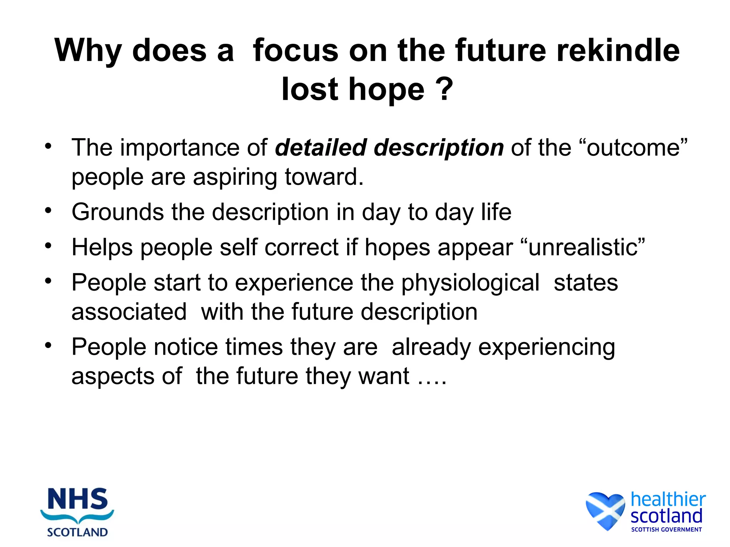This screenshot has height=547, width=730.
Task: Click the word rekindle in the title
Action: (618, 51)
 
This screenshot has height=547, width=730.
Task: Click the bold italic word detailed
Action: (321, 147)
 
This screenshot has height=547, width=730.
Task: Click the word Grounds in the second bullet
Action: (118, 212)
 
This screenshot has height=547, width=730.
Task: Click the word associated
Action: (129, 312)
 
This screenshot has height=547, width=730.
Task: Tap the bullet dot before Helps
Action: (48, 245)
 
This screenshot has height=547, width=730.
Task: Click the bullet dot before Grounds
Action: (48, 210)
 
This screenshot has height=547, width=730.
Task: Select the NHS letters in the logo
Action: (78, 499)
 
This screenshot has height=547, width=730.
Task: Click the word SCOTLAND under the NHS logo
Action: (77, 532)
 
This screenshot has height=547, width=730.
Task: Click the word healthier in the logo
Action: (668, 499)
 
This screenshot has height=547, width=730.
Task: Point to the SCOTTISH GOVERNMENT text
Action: (666, 530)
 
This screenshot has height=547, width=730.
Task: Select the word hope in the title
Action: (387, 89)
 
